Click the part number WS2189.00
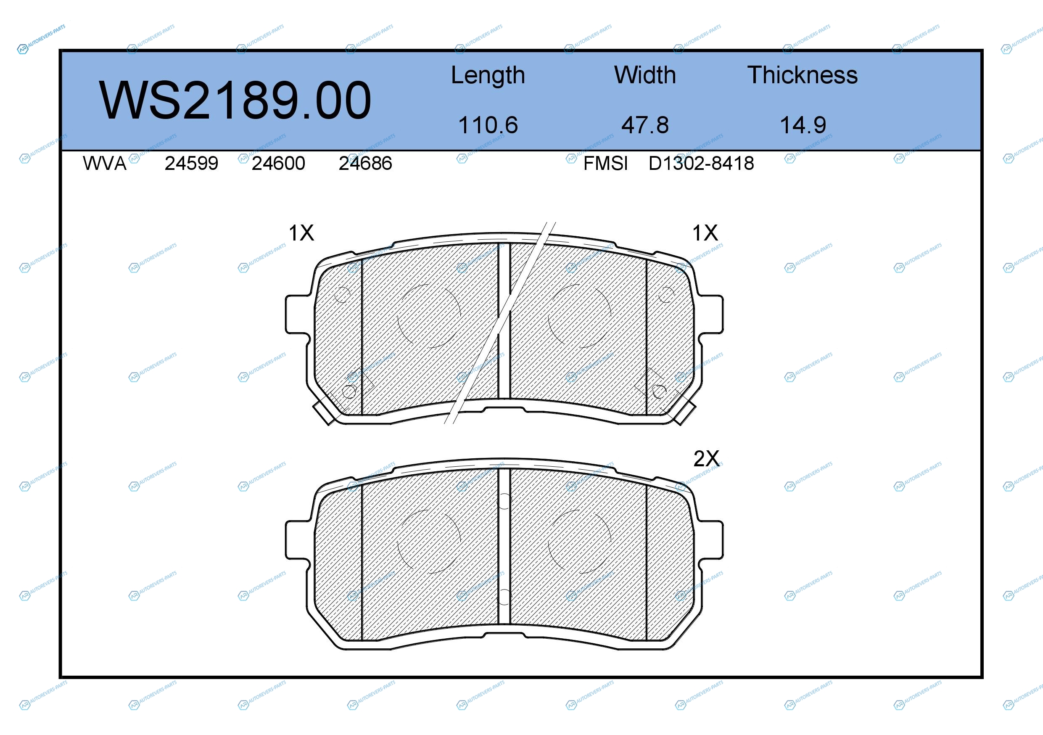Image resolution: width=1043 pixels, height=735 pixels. tap(235, 100)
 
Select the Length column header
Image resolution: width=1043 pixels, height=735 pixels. tap(488, 75)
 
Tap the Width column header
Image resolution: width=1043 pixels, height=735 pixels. tap(645, 75)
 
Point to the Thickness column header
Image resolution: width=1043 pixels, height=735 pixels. tap(802, 75)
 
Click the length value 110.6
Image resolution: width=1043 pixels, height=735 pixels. tap(488, 125)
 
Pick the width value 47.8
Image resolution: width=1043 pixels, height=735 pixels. tap(645, 125)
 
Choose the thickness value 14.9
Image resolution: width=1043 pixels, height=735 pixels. tap(803, 125)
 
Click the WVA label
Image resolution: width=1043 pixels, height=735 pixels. tap(105, 163)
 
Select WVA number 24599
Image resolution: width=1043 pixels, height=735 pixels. tap(191, 163)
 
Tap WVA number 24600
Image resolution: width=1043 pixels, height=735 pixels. tap(278, 163)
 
